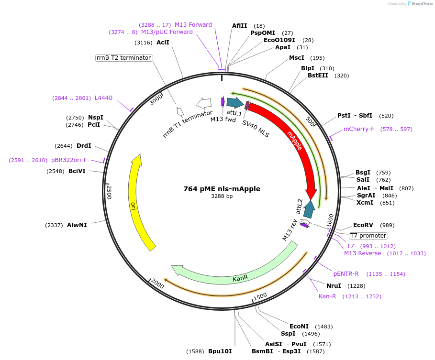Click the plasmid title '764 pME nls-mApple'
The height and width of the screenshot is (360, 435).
point(222,189)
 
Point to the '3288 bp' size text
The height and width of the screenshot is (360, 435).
point(222,196)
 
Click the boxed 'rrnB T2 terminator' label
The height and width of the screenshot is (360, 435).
point(124,58)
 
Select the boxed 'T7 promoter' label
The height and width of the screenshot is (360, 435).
point(368,236)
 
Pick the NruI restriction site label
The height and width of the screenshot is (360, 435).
point(334,286)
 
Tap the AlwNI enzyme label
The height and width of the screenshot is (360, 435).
point(77,225)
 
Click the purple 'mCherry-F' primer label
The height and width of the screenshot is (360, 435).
point(359,129)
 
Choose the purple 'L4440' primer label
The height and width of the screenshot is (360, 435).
point(103,98)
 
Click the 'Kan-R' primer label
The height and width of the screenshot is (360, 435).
point(327,296)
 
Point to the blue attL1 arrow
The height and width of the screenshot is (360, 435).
point(234,102)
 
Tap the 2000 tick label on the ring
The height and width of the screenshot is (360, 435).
point(157,285)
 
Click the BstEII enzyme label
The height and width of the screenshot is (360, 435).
point(318,76)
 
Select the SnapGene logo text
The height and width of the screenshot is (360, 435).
point(421,4)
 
